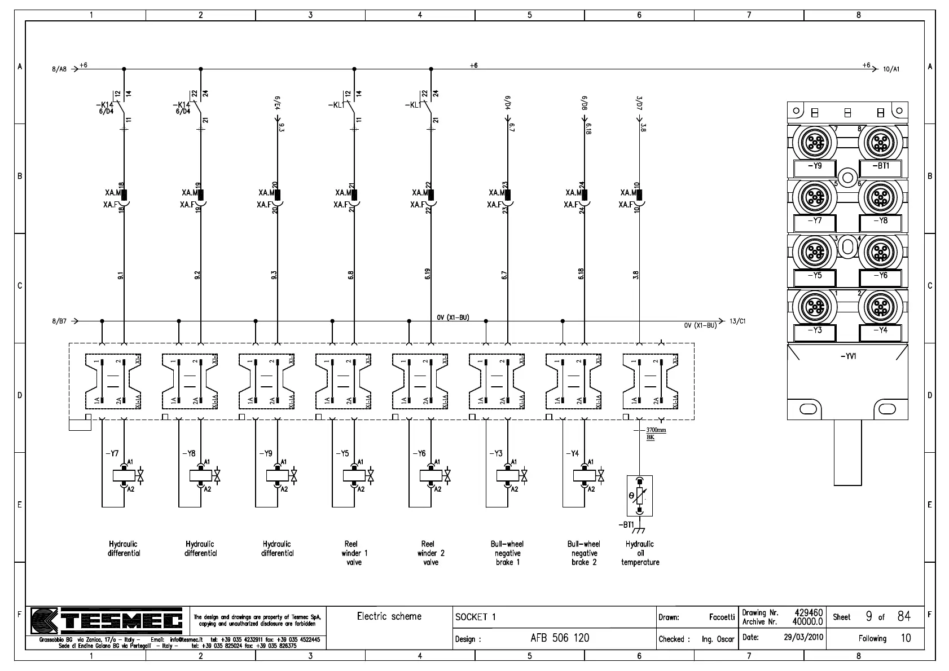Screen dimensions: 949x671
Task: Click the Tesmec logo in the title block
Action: coord(107,621)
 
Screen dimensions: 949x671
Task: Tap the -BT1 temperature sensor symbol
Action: coord(639,496)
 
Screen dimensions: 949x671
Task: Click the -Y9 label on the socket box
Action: coord(815,166)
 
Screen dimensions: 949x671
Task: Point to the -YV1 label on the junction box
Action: coord(847,356)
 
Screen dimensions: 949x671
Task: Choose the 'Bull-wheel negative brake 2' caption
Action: coord(584,553)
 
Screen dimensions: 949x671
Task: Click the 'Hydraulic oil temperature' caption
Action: coord(640,553)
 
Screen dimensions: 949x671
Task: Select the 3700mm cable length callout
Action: coord(656,430)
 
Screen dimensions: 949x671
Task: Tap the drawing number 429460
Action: coord(809,612)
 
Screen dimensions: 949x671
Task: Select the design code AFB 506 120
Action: coord(560,638)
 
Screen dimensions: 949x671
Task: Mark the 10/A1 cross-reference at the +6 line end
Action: coord(891,69)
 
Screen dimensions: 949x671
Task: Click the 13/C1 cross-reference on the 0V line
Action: coord(737,321)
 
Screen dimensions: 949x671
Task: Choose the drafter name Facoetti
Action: coord(722,617)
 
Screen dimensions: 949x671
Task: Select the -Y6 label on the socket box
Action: coord(880,276)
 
